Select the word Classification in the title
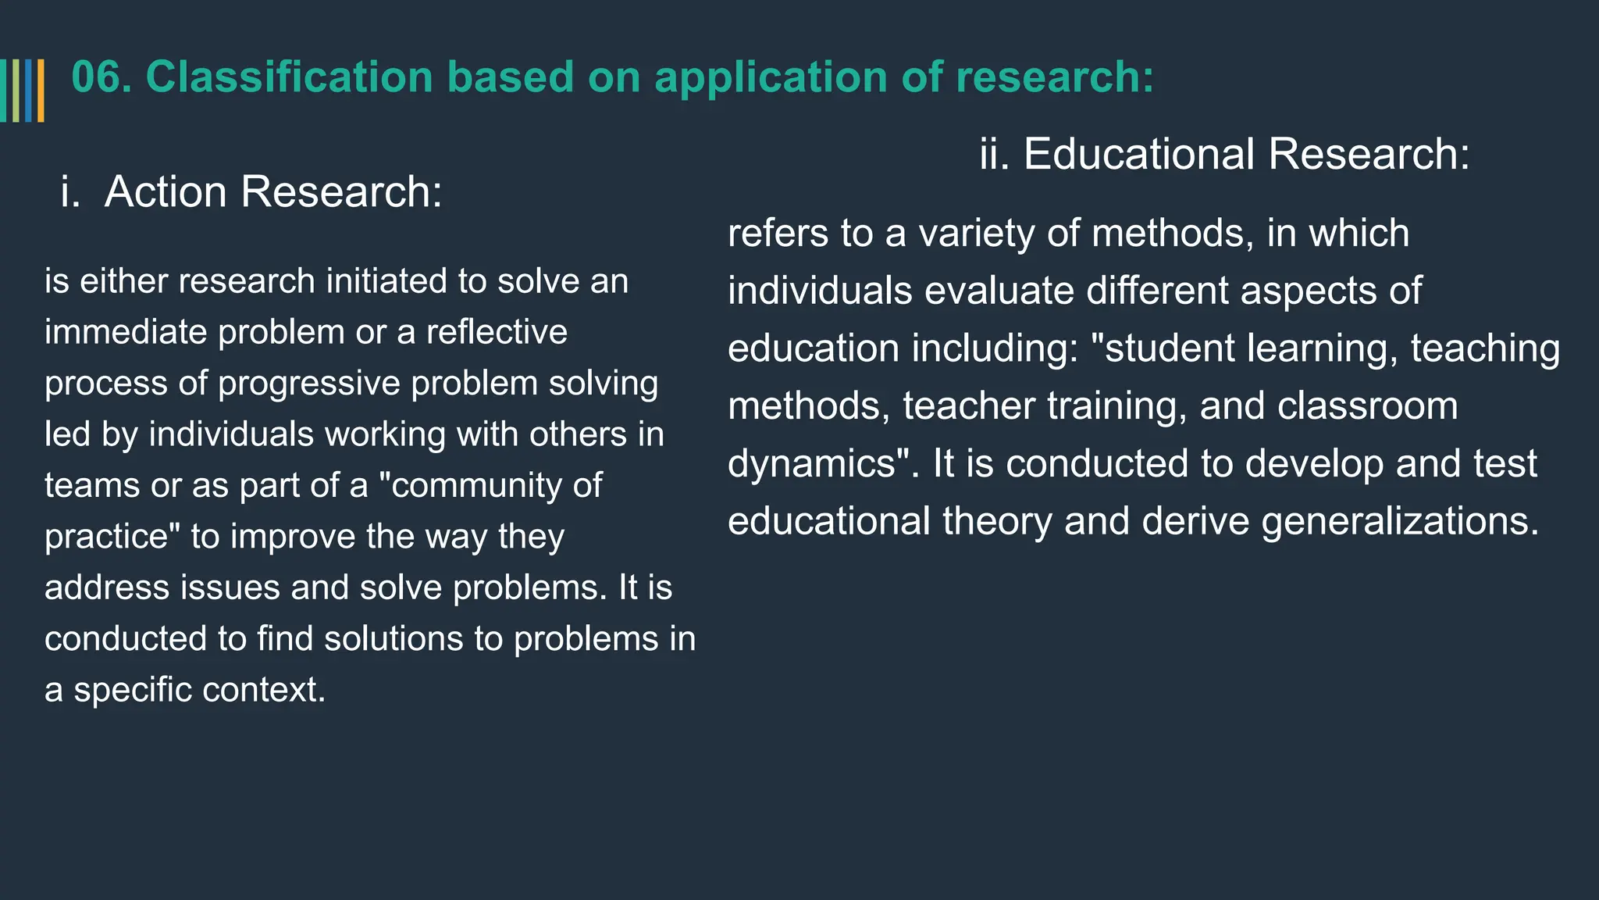point(289,78)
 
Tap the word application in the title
point(771,78)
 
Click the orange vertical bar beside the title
point(41,91)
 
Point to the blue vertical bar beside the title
point(28,91)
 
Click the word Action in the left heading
point(166,191)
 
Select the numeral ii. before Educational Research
point(994,154)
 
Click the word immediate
point(125,333)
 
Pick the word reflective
point(497,333)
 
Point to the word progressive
point(309,384)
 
